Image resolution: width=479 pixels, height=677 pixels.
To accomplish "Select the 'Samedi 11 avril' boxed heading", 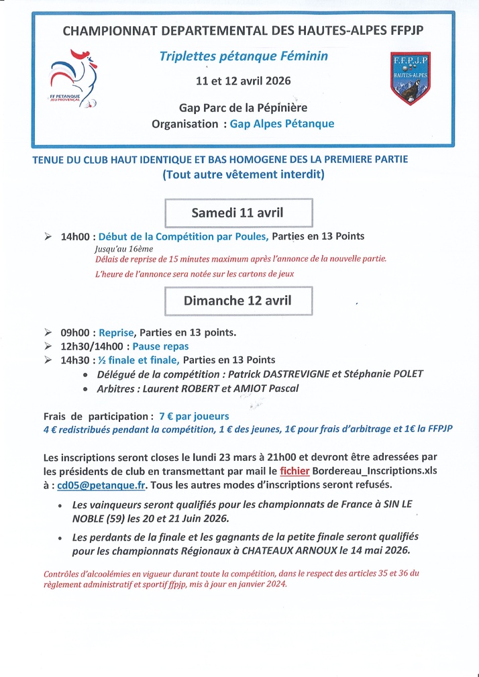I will pyautogui.click(x=238, y=213).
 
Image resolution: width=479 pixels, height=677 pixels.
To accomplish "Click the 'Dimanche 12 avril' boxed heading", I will pyautogui.click(x=238, y=301).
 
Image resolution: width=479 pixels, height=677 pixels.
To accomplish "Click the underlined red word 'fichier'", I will pyautogui.click(x=295, y=470).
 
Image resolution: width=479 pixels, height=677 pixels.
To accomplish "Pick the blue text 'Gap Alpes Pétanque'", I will pyautogui.click(x=282, y=123).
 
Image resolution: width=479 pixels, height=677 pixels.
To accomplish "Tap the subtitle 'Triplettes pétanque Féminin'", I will pyautogui.click(x=244, y=56).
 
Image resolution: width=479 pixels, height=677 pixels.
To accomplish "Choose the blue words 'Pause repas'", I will pyautogui.click(x=160, y=346).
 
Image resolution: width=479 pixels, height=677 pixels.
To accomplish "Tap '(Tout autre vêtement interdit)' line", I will pyautogui.click(x=244, y=175).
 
